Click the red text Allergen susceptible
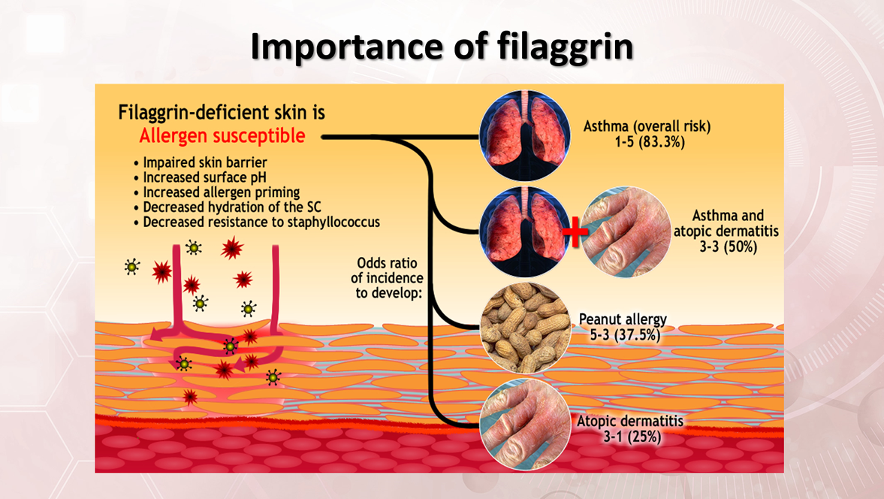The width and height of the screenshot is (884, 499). (x=222, y=136)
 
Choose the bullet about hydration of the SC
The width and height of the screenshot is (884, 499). (x=233, y=207)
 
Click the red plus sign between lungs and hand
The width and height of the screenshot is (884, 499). (x=575, y=231)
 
